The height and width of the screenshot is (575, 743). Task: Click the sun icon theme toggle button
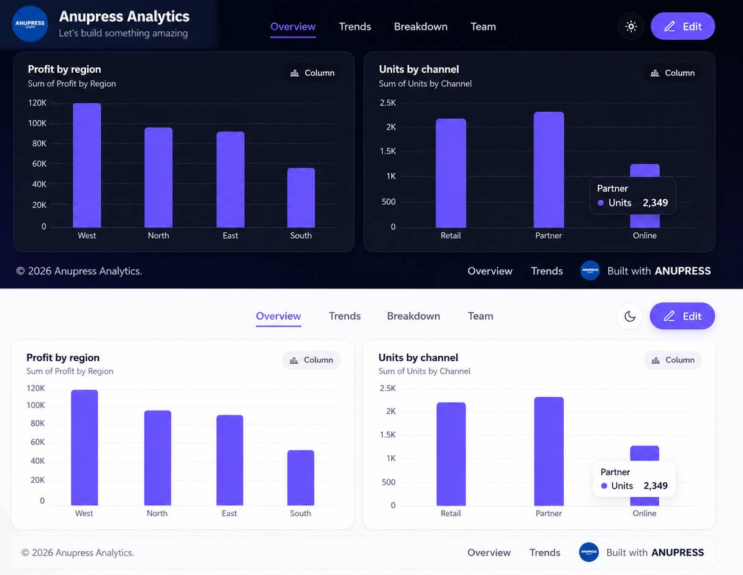(x=631, y=26)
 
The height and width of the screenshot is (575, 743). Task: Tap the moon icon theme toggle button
(x=630, y=317)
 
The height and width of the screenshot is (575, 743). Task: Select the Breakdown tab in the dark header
(x=421, y=27)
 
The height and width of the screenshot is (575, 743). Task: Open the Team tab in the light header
(x=481, y=316)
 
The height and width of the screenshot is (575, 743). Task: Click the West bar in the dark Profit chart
(x=87, y=165)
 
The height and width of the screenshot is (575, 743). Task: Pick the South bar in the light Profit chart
(x=300, y=478)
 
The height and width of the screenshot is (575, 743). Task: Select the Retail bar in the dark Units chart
(x=451, y=173)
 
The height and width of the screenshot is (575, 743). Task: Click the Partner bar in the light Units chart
(x=549, y=451)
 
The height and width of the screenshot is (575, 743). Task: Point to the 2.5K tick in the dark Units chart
(x=388, y=103)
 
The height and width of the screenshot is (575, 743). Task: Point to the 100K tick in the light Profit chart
(x=35, y=405)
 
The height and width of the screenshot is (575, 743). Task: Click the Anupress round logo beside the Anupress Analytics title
(x=30, y=24)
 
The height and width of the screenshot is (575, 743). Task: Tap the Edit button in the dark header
(x=682, y=26)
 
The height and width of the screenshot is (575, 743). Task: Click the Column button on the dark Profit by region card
(x=312, y=73)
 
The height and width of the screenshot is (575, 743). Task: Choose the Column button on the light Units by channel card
(x=673, y=360)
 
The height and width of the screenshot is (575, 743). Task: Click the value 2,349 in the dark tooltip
(x=655, y=203)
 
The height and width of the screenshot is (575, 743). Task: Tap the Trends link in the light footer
(x=545, y=552)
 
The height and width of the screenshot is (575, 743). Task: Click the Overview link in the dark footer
(x=490, y=271)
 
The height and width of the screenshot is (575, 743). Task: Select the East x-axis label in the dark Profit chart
(x=230, y=235)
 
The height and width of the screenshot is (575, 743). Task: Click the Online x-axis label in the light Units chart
(x=644, y=513)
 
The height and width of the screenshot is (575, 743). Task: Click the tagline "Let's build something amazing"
(x=123, y=33)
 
